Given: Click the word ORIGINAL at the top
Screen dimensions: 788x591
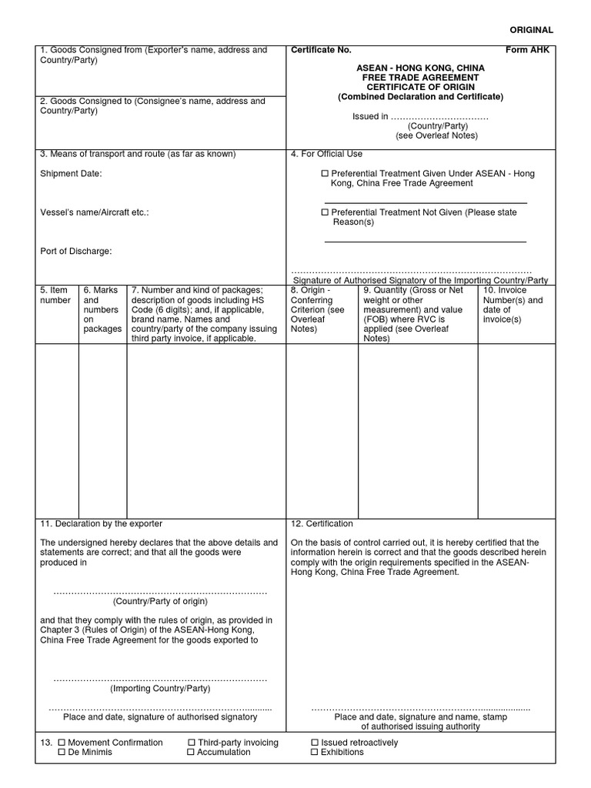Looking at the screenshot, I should pyautogui.click(x=532, y=30).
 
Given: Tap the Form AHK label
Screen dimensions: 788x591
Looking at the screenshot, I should pyautogui.click(x=529, y=50).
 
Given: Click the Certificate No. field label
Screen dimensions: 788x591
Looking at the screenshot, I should pyautogui.click(x=321, y=50).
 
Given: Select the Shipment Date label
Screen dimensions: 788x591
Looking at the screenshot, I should pyautogui.click(x=71, y=174).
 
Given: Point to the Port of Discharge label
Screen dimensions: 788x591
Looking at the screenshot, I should pyautogui.click(x=76, y=251).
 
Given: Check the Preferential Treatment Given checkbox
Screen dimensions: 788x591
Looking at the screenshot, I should pyautogui.click(x=325, y=174).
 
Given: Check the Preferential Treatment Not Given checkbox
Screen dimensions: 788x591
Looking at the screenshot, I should pyautogui.click(x=325, y=212).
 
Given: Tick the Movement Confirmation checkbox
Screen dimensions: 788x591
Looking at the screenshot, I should pyautogui.click(x=62, y=743).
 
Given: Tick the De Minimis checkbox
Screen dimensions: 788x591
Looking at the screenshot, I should pyautogui.click(x=62, y=752).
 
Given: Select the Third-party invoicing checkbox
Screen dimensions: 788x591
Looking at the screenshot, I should pyautogui.click(x=191, y=743).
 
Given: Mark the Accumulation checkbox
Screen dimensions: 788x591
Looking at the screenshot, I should pyautogui.click(x=191, y=752).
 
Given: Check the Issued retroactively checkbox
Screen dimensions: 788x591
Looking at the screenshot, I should pyautogui.click(x=314, y=743).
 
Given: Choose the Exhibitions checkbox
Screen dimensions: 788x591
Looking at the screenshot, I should pyautogui.click(x=314, y=752).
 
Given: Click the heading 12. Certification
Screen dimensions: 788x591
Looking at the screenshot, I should pyautogui.click(x=322, y=524).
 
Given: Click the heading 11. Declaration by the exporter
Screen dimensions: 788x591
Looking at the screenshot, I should pyautogui.click(x=101, y=524).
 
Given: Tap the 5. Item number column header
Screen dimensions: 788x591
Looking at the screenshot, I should pyautogui.click(x=55, y=295).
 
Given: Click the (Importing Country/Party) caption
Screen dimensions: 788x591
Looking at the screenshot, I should pyautogui.click(x=160, y=689).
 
